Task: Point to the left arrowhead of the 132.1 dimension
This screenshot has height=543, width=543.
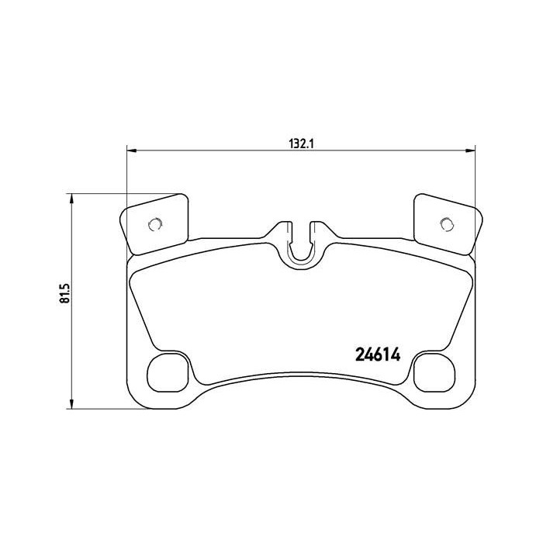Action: [131, 150]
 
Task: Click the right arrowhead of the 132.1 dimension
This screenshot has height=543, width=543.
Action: [469, 150]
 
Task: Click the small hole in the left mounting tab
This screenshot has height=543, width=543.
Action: [154, 225]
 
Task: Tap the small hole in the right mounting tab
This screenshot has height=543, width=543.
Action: [445, 225]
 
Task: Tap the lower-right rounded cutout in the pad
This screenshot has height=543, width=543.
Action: [433, 373]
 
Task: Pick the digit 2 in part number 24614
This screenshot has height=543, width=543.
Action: [359, 355]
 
